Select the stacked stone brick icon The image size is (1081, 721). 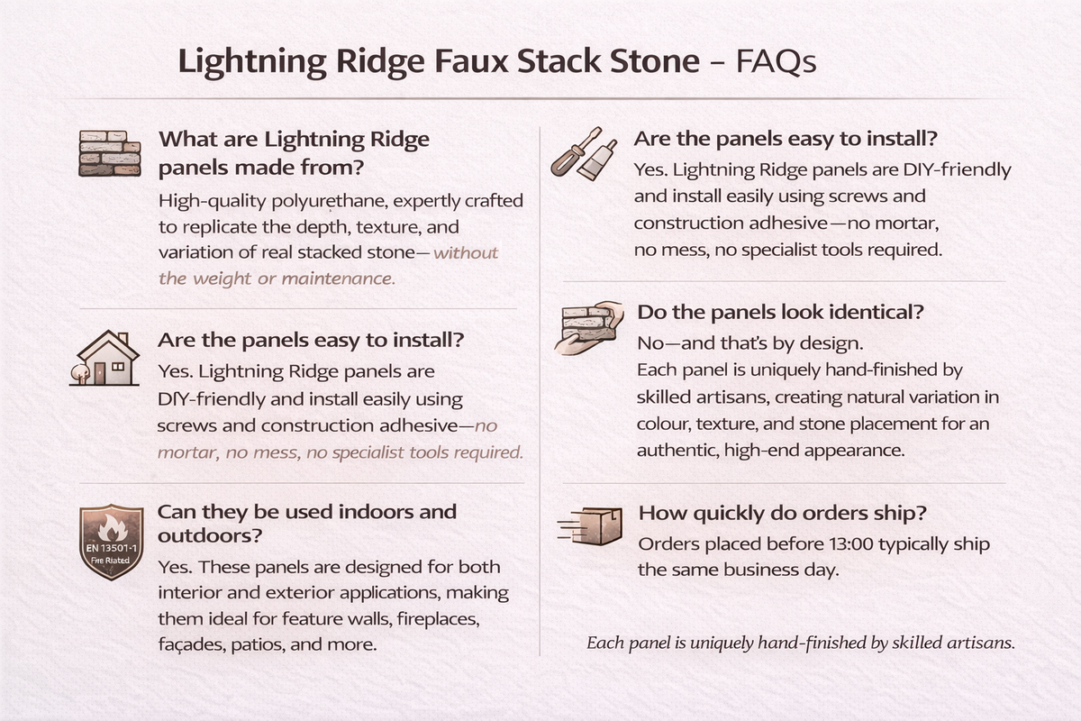(x=110, y=152)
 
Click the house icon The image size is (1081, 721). (x=104, y=360)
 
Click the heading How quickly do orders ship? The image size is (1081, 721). (x=783, y=513)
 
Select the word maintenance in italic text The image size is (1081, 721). (x=339, y=278)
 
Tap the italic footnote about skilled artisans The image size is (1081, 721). (x=801, y=643)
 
